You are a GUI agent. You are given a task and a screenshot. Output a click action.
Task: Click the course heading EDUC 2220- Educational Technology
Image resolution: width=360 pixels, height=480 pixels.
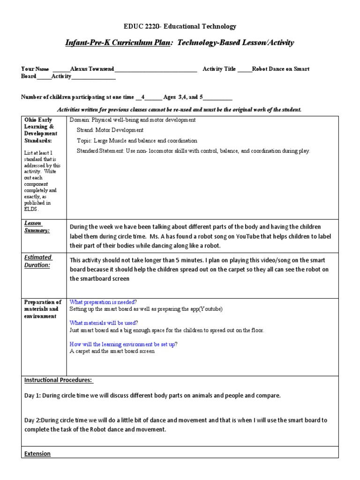[180, 27]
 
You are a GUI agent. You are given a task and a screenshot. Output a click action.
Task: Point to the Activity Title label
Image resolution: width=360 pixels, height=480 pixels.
[219, 69]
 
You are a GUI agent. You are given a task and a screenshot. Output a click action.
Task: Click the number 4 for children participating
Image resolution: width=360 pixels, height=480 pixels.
[143, 97]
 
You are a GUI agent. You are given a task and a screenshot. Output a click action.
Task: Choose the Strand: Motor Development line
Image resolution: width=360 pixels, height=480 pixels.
[110, 130]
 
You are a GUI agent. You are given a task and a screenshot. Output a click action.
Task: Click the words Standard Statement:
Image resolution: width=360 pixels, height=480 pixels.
[100, 151]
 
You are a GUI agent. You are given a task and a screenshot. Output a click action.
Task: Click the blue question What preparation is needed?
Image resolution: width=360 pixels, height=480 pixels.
[103, 302]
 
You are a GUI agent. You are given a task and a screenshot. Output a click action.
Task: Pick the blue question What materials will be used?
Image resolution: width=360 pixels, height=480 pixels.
[104, 323]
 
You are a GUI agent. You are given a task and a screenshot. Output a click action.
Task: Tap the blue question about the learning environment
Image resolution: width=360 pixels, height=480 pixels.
[123, 344]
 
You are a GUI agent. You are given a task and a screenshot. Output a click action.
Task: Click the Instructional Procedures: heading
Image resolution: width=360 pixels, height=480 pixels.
[58, 380]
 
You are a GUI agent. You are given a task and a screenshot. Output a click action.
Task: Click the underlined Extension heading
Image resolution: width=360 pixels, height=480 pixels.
[37, 454]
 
